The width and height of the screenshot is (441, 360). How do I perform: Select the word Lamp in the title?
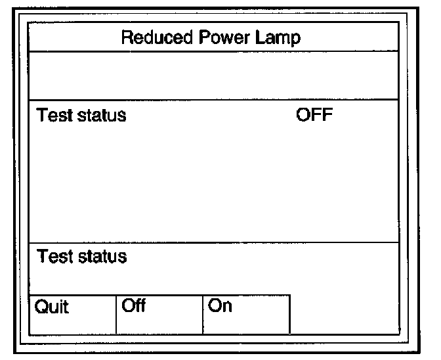pyautogui.click(x=279, y=37)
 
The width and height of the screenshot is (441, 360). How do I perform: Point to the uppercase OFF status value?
pyautogui.click(x=315, y=116)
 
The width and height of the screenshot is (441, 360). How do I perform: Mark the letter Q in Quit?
pyautogui.click(x=41, y=307)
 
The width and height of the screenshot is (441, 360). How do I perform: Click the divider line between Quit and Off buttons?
pyautogui.click(x=116, y=314)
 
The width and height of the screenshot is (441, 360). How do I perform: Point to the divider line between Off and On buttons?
pyautogui.click(x=203, y=314)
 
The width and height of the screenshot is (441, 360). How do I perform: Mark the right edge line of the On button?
pyautogui.click(x=289, y=314)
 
